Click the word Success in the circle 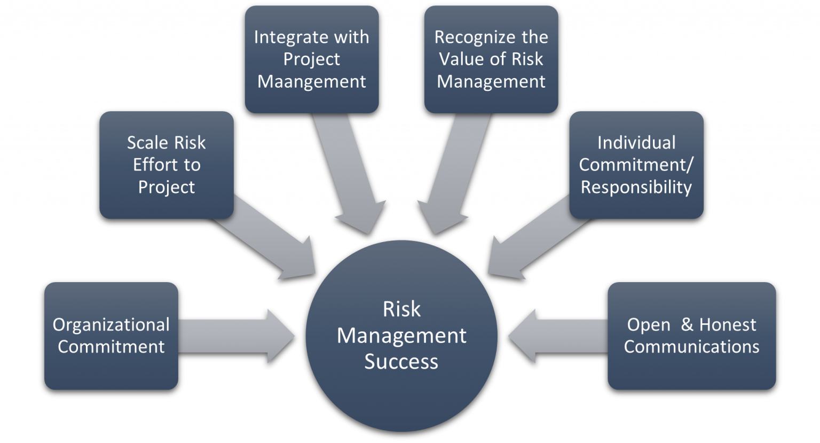tap(401, 362)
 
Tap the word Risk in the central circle tap(401, 309)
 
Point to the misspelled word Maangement tap(312, 81)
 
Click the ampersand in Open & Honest tap(687, 324)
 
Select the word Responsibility tap(636, 187)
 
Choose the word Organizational tap(111, 324)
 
